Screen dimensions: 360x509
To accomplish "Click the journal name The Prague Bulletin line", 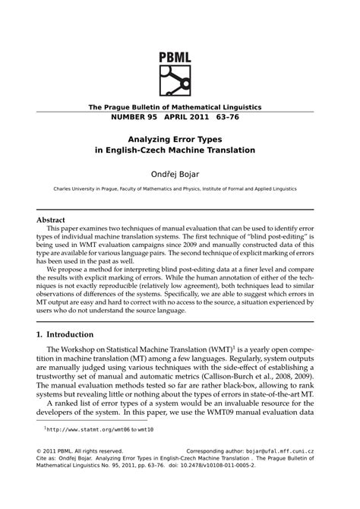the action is coord(175,107).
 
